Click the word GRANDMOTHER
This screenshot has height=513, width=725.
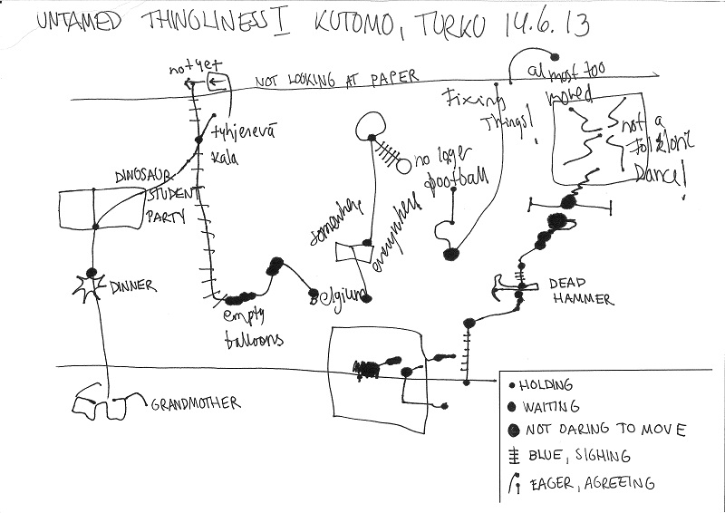coord(193,404)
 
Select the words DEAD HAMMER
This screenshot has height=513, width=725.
coord(581,291)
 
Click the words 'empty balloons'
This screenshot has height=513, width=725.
coord(253,327)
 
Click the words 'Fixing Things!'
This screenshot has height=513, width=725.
coord(487,112)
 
